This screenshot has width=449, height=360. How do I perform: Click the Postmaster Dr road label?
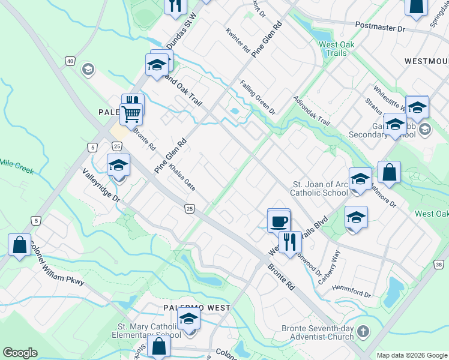tap(380, 28)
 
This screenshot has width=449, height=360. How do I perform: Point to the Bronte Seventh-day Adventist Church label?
tap(318, 332)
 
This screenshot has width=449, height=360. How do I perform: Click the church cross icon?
tap(363, 332)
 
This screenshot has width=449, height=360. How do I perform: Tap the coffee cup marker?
tap(279, 221)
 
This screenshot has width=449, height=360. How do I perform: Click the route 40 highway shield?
tap(70, 61)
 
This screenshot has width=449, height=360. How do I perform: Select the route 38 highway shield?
tap(439, 265)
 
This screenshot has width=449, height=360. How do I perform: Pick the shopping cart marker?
tap(131, 112)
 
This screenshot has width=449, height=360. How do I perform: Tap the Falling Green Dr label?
tap(258, 98)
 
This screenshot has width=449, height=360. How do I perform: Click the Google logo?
tap(20, 353)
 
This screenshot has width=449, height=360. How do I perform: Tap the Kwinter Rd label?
tap(237, 40)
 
